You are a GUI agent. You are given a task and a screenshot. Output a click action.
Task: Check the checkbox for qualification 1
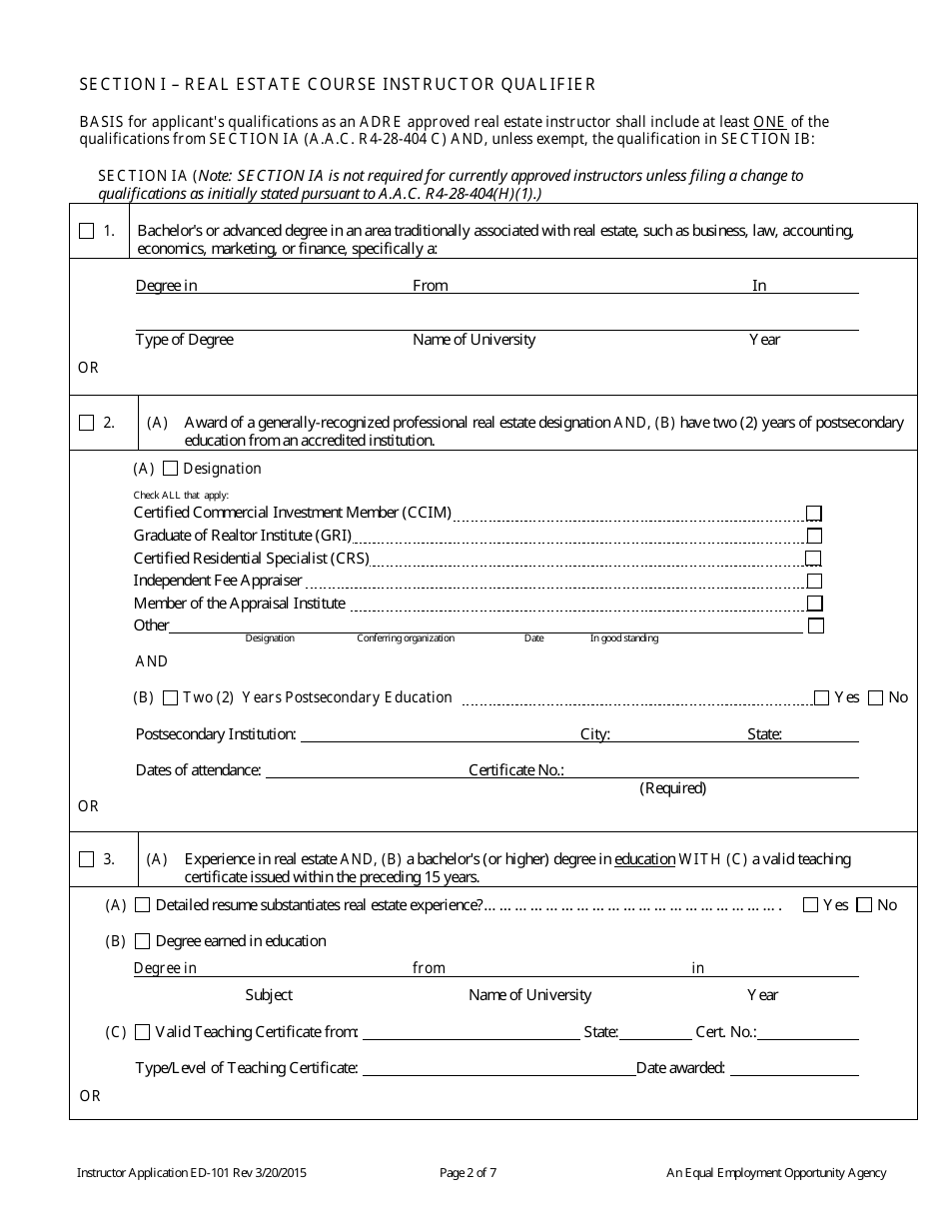[86, 231]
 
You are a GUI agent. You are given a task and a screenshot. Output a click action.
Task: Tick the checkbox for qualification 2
[86, 423]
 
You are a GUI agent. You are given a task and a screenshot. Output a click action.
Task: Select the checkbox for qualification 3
[86, 858]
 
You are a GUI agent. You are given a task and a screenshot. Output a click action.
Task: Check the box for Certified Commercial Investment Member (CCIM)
[814, 513]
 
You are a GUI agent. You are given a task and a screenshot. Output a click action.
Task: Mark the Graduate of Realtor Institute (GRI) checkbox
[814, 536]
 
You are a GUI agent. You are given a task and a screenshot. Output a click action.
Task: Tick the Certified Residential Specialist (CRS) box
[814, 558]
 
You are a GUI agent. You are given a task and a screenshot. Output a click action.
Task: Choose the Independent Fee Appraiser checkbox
[814, 581]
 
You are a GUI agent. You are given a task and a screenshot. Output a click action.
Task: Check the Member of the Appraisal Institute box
[814, 604]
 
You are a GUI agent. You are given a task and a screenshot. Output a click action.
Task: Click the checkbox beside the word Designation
[170, 469]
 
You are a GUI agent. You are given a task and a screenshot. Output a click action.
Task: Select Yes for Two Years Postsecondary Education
[821, 697]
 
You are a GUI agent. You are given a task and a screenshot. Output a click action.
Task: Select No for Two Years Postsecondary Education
[875, 697]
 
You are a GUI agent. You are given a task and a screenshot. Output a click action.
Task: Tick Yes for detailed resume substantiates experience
[810, 905]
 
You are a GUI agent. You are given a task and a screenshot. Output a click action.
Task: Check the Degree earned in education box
[142, 941]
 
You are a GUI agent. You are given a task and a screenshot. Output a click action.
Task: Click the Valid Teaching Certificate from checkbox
[142, 1032]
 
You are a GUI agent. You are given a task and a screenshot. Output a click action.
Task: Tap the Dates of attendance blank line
[365, 770]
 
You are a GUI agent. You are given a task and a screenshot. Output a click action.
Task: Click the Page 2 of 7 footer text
[468, 1173]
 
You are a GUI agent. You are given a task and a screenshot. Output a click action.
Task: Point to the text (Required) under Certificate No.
[672, 788]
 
